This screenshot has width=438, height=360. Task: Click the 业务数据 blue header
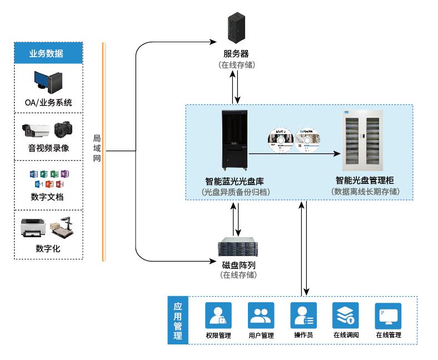point(48,53)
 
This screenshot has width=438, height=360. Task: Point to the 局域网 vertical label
point(96,147)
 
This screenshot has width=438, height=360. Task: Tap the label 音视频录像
point(48,148)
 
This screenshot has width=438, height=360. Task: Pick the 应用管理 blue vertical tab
point(177,321)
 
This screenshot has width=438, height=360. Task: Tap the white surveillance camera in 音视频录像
point(35,130)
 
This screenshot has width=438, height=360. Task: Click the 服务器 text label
point(236,54)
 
